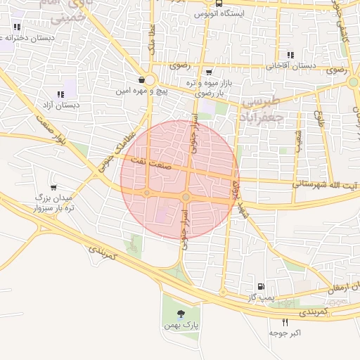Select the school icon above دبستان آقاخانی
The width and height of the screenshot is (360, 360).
[x=290, y=55]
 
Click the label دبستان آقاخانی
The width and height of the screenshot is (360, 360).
[x=291, y=65]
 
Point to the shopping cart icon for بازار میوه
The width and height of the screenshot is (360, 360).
[x=208, y=72]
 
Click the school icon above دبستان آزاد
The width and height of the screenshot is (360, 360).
[x=59, y=94]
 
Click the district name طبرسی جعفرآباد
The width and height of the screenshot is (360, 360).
[x=262, y=110]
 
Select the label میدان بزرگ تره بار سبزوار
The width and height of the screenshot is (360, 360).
[x=53, y=204]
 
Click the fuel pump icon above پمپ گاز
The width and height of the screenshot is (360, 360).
[x=262, y=286]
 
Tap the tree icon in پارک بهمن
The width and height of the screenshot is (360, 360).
[x=182, y=313]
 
